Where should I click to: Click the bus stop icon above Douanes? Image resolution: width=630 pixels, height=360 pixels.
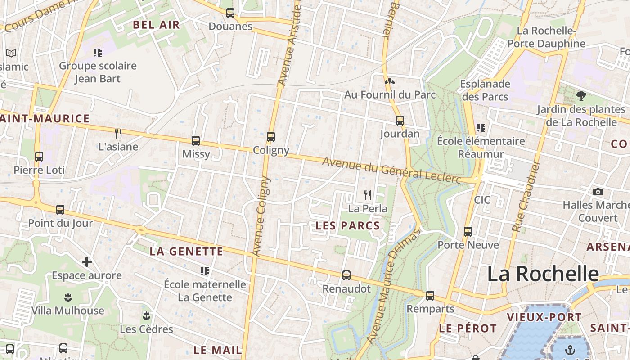230,13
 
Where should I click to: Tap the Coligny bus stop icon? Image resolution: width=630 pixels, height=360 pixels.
271,137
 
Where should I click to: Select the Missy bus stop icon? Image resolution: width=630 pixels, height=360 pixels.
196,141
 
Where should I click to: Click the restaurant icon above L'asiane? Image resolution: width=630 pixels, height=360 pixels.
118,133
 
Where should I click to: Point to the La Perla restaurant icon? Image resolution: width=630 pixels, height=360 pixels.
368,195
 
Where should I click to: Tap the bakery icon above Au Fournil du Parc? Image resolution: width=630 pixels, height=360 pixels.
390,82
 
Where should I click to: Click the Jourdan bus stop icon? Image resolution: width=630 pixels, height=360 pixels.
400,121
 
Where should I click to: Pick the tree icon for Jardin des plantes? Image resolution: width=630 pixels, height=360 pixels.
581,95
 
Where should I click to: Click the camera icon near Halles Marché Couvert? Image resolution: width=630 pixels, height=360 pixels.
598,192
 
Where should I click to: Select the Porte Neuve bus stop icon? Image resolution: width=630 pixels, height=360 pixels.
468,232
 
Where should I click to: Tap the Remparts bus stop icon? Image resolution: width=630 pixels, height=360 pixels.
430,296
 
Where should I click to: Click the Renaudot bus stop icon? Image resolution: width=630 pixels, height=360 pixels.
346,275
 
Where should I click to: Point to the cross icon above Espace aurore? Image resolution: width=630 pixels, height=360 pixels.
87,262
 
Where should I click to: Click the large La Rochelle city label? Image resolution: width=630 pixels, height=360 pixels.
543,274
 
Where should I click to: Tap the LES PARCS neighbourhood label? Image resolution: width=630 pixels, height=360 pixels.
348,225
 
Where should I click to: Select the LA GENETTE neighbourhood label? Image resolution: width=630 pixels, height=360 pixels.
186,252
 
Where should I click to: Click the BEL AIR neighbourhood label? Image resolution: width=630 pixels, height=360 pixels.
156,25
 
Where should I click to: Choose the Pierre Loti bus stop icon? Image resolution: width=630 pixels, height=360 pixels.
39,157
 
